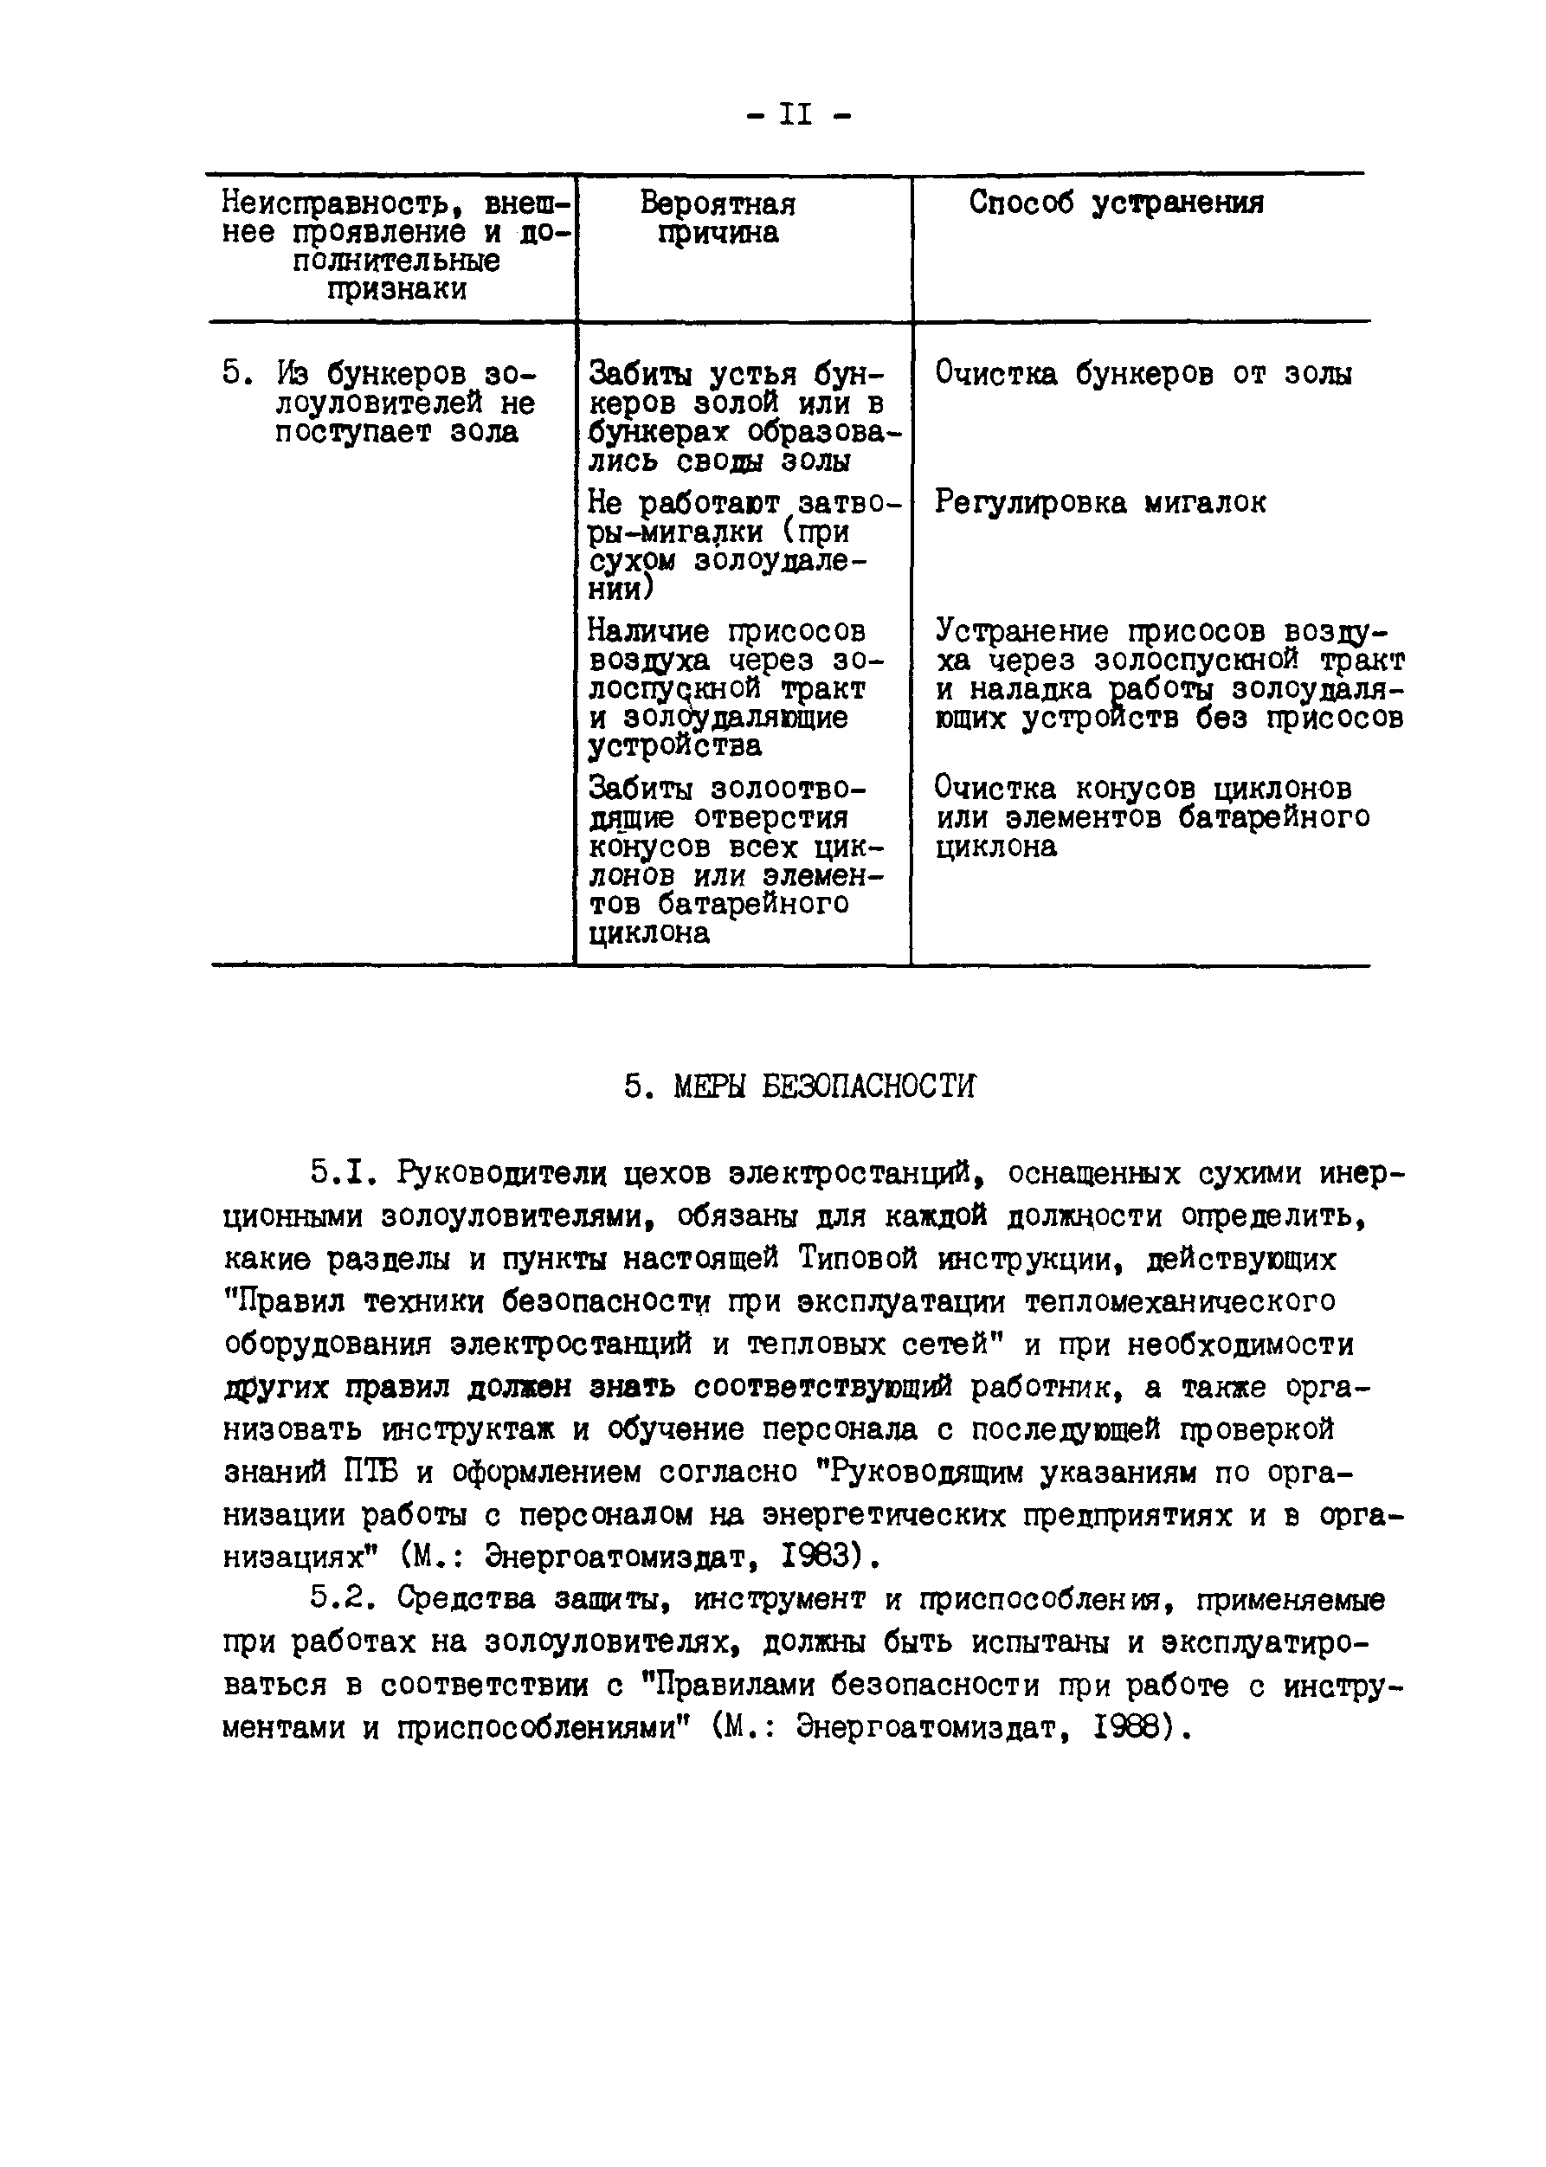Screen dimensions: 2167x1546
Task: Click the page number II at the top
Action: coord(796,115)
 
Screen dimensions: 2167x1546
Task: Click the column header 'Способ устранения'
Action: coord(1116,203)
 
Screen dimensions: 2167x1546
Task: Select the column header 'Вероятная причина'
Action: coord(718,218)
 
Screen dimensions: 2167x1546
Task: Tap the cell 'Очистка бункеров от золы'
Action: coord(1143,374)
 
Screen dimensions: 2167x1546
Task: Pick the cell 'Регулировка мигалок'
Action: coord(1099,503)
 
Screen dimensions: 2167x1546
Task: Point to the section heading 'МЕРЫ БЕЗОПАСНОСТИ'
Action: coord(824,1087)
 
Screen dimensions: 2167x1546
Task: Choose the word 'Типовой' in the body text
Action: coord(858,1260)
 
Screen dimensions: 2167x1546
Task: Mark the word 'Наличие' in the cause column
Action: coord(648,631)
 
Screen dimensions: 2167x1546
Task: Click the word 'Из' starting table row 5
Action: coord(293,374)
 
